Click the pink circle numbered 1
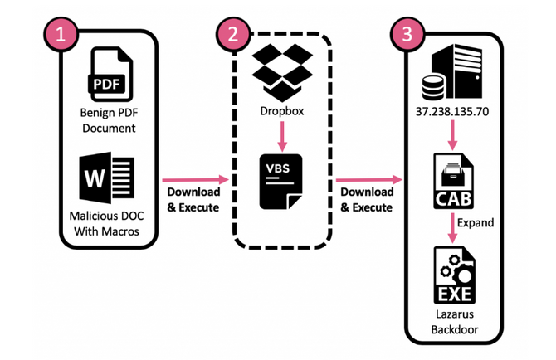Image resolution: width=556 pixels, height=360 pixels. [61, 34]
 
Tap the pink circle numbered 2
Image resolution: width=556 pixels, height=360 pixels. [233, 34]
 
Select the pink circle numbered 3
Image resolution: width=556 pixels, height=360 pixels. [407, 34]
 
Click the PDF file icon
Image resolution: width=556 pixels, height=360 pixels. [110, 75]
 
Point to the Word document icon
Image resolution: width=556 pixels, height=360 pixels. [107, 178]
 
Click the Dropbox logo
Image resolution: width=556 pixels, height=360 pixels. [282, 72]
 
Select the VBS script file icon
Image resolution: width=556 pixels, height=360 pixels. [280, 182]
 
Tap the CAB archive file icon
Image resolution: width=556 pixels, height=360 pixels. [453, 181]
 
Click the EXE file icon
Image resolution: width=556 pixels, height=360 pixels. [455, 275]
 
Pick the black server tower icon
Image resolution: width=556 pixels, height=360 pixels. [456, 71]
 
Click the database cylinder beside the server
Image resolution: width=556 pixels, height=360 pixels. [433, 87]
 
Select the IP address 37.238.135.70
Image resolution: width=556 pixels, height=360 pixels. [452, 112]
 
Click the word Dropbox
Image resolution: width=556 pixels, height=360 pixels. [282, 111]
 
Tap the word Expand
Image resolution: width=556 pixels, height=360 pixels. [476, 222]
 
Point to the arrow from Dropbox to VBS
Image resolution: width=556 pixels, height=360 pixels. [282, 137]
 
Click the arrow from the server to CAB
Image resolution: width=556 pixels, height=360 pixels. [452, 135]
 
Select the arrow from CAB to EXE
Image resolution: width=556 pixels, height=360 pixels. [452, 228]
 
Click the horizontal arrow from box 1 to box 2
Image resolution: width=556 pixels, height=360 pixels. [195, 180]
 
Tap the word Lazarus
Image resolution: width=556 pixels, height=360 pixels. [455, 314]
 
